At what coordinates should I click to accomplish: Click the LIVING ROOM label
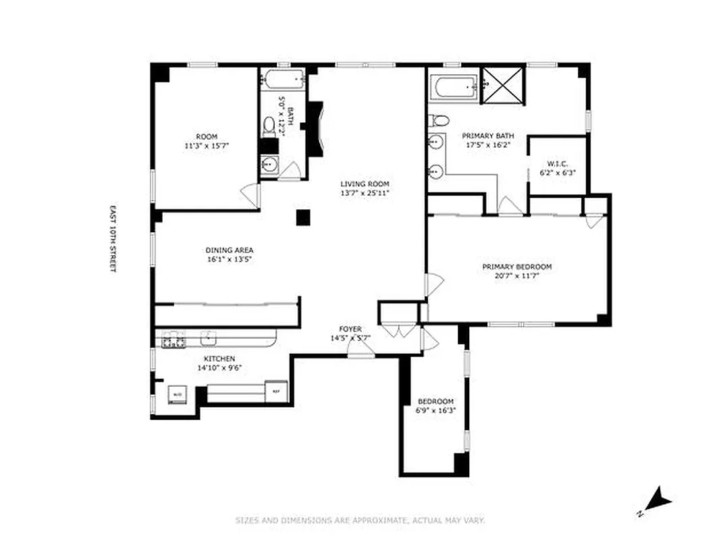(x=365, y=184)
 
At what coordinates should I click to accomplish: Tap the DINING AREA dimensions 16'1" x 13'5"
(x=230, y=259)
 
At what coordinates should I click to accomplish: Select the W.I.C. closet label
(x=557, y=163)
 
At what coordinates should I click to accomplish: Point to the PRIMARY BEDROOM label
(x=517, y=267)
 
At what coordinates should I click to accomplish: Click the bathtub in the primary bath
(x=454, y=87)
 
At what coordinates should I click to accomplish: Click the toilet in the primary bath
(x=440, y=121)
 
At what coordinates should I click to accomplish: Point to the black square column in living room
(x=303, y=217)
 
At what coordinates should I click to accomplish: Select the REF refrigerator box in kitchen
(x=275, y=391)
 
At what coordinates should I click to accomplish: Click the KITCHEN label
(x=220, y=358)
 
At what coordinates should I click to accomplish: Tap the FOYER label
(x=350, y=329)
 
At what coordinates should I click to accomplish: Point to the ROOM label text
(x=207, y=136)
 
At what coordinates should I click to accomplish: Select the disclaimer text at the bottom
(x=360, y=520)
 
